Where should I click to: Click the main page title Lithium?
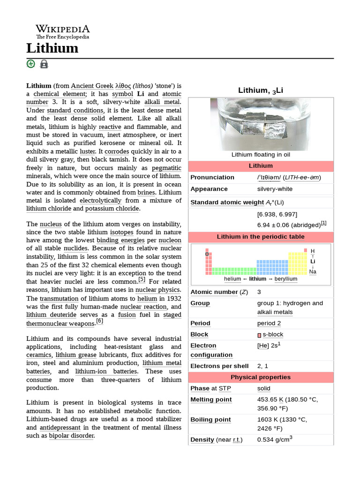click(x=52, y=48)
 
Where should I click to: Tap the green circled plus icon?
click(x=31, y=64)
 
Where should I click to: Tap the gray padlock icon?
click(x=44, y=64)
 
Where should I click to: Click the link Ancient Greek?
click(x=92, y=86)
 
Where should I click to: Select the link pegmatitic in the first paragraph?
click(x=164, y=168)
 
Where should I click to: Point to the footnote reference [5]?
click(x=142, y=280)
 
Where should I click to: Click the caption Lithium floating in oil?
click(x=261, y=154)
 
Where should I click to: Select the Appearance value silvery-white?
click(x=275, y=189)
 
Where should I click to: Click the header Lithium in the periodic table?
click(x=261, y=237)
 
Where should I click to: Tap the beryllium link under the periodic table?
click(x=286, y=278)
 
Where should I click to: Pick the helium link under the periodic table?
click(x=232, y=278)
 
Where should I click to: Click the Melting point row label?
click(x=211, y=399)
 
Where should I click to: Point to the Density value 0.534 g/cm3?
click(x=275, y=440)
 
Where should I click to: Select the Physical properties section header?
click(x=261, y=377)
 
